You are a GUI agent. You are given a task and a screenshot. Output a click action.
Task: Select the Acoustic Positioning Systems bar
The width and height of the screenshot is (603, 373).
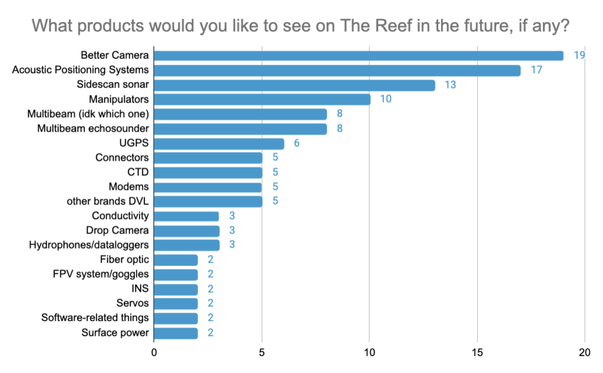pos(337,71)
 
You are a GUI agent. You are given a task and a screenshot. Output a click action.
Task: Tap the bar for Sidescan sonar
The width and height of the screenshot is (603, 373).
pos(294,85)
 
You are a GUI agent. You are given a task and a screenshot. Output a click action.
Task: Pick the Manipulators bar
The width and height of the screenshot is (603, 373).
pos(262,99)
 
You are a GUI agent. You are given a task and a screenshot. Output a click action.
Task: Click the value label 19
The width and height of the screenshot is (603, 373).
pos(578,56)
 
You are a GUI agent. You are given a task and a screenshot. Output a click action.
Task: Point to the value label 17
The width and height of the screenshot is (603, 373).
pos(536,71)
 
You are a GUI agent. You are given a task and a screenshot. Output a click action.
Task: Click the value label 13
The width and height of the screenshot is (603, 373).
pos(450,85)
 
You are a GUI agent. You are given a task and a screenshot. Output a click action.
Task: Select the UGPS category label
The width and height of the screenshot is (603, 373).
pos(134,143)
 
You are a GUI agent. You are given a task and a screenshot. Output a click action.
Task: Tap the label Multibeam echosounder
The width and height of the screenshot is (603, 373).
pos(93,129)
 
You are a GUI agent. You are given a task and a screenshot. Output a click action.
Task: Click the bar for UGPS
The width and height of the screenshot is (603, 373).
pos(218,144)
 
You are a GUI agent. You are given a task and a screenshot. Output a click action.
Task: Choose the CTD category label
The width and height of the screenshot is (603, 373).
pos(138,172)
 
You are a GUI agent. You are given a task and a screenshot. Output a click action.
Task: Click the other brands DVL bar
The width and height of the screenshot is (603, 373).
pos(208,201)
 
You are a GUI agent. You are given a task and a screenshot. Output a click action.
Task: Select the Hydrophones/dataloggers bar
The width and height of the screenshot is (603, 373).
pos(186,245)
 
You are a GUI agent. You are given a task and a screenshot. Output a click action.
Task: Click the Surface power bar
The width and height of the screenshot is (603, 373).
pos(175,333)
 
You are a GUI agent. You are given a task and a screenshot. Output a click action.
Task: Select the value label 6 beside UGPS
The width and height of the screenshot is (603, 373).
pos(296,144)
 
